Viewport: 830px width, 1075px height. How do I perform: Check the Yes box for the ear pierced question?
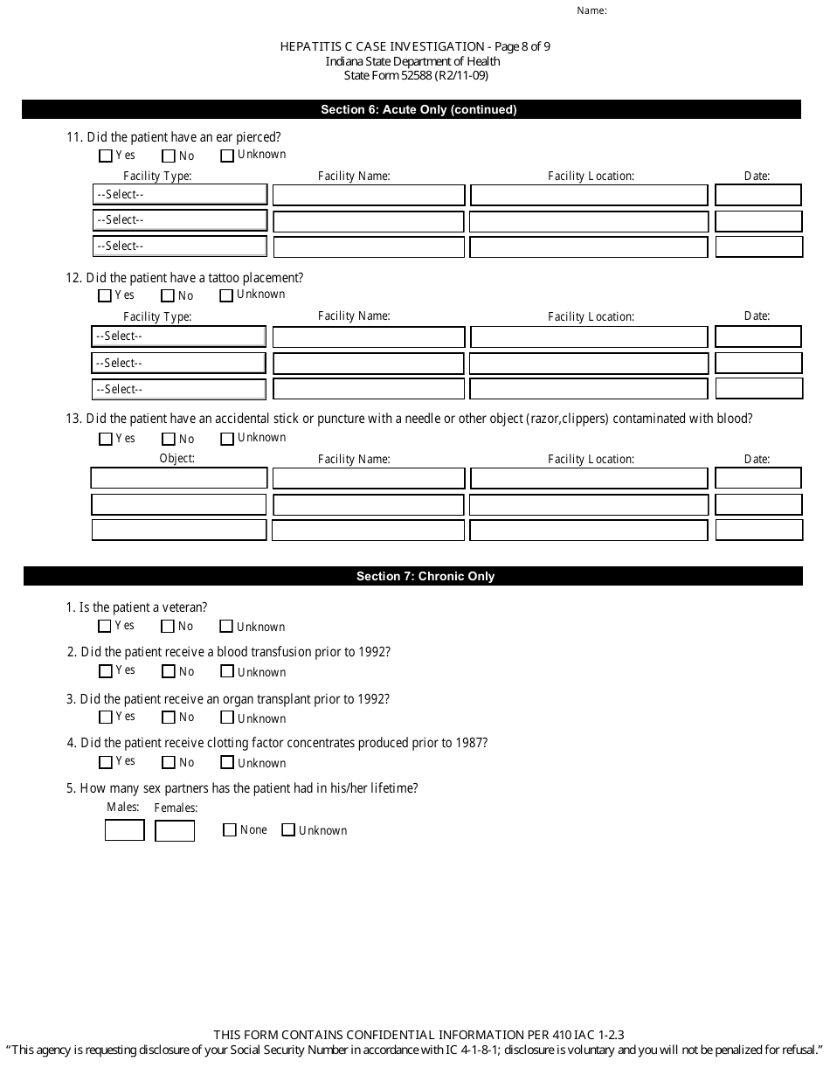point(106,156)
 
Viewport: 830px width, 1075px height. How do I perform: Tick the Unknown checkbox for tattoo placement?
point(226,296)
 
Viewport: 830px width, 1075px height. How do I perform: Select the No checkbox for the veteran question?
point(169,627)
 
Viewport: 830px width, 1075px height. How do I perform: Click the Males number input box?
point(124,830)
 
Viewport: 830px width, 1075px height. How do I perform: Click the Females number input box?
point(175,830)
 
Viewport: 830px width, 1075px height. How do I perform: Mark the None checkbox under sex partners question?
point(230,830)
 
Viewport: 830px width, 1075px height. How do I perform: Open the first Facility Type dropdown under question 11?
point(179,194)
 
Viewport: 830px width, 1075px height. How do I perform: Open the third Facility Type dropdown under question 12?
point(179,389)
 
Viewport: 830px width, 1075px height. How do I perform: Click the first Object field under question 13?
point(179,478)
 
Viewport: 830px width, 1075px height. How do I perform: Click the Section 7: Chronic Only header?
point(425,576)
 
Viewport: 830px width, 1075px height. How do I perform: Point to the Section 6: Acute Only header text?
point(418,109)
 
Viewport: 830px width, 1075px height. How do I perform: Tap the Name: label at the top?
point(591,11)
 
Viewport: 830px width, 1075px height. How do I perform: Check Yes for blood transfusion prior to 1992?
point(106,672)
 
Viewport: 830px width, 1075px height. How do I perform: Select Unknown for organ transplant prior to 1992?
point(227,718)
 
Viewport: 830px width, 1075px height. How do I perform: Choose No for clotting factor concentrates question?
point(169,763)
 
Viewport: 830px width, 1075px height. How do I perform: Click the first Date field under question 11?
point(757,194)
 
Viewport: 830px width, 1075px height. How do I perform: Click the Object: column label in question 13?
point(177,459)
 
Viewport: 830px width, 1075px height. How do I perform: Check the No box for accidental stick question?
point(169,440)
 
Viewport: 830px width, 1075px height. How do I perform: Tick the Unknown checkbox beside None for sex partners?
point(288,830)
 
